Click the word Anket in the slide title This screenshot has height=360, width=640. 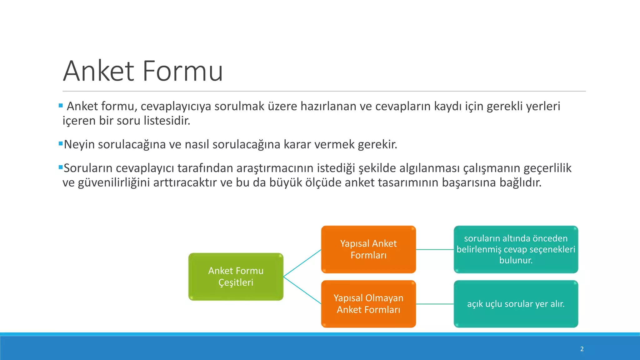point(99,71)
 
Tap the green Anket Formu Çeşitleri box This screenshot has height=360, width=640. point(236,277)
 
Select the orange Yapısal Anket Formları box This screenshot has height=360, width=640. point(368,249)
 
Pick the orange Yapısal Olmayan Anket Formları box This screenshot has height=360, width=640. point(368,304)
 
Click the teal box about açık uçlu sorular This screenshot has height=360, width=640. point(516,304)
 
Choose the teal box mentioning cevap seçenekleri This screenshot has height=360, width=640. point(516,249)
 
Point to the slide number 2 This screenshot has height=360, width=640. point(582,349)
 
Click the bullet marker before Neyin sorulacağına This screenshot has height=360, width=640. point(61,144)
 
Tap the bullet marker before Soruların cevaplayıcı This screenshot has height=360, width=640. point(61,167)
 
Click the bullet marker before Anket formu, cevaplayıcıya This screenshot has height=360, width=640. point(61,106)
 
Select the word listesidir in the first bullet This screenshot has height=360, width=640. point(167,121)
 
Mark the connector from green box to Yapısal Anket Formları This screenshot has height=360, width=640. point(302,263)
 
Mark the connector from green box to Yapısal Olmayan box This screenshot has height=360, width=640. point(302,290)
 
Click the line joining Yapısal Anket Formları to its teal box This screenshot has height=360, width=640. point(435,249)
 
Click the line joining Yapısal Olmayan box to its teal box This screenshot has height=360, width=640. point(435,304)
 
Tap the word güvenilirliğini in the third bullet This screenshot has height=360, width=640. point(114,182)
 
